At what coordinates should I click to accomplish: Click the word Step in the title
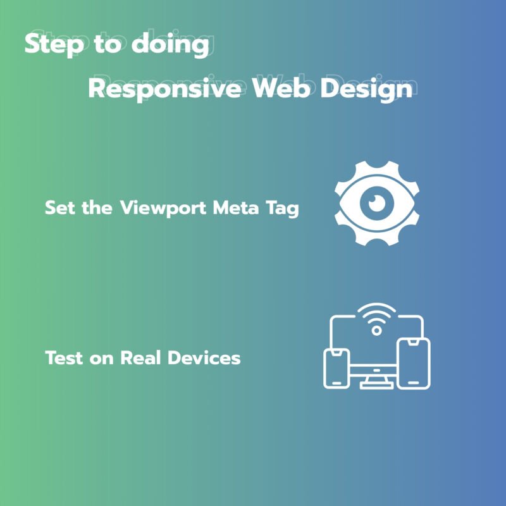pyautogui.click(x=54, y=45)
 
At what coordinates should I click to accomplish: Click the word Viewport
pyautogui.click(x=163, y=209)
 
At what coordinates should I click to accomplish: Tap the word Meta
pyautogui.click(x=236, y=207)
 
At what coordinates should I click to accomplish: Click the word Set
pyautogui.click(x=60, y=207)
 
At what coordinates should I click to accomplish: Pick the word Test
pyautogui.click(x=64, y=358)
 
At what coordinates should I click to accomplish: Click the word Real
pyautogui.click(x=140, y=357)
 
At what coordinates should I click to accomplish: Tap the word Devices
pyautogui.click(x=204, y=357)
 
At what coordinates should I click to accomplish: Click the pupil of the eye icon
pyautogui.click(x=376, y=204)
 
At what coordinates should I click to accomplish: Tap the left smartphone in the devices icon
pyautogui.click(x=336, y=368)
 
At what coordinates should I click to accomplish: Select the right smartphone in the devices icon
pyautogui.click(x=414, y=363)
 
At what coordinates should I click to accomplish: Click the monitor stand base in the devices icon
pyautogui.click(x=376, y=385)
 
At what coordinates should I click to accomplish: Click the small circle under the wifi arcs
pyautogui.click(x=376, y=330)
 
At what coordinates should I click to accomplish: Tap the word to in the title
pyautogui.click(x=108, y=45)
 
